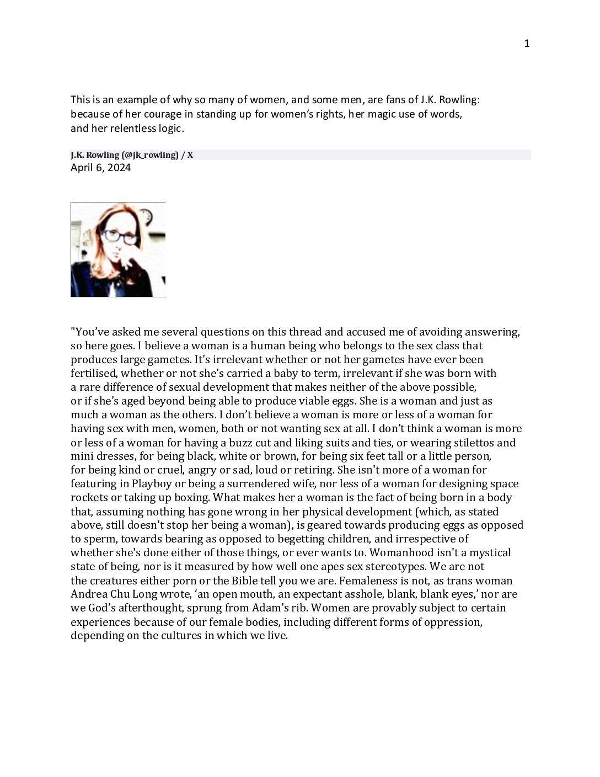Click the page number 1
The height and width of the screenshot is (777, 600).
pos(527,44)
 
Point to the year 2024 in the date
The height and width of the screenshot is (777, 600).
pos(119,168)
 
